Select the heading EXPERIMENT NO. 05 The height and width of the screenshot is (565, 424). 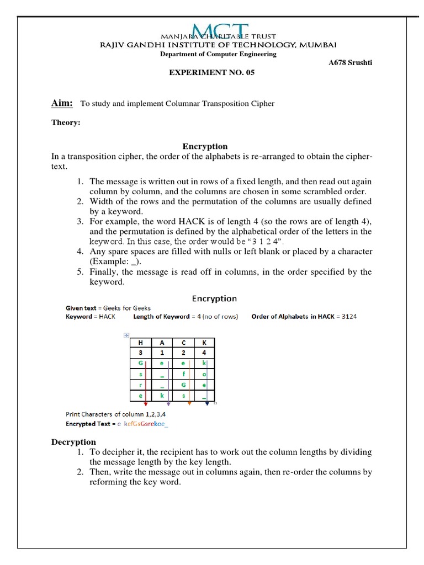coord(211,72)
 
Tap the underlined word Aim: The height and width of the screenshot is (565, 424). coord(62,103)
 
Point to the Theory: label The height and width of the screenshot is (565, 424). coord(66,123)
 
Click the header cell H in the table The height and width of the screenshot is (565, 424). coord(140,342)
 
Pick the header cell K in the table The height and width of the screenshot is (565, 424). coord(204,342)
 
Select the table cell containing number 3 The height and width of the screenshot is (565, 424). coord(140,353)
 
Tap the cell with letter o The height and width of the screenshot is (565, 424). coord(204,374)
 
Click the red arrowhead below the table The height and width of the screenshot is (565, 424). coord(145,404)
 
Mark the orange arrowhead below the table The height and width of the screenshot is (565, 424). coord(189,404)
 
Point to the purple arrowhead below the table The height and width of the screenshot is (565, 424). coord(168,404)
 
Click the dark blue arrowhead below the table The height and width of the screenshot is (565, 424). coord(206,404)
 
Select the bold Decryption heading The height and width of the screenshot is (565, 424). coord(73,442)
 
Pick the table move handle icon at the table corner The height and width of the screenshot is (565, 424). coord(126,335)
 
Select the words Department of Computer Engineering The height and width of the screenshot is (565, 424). coord(218,54)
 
